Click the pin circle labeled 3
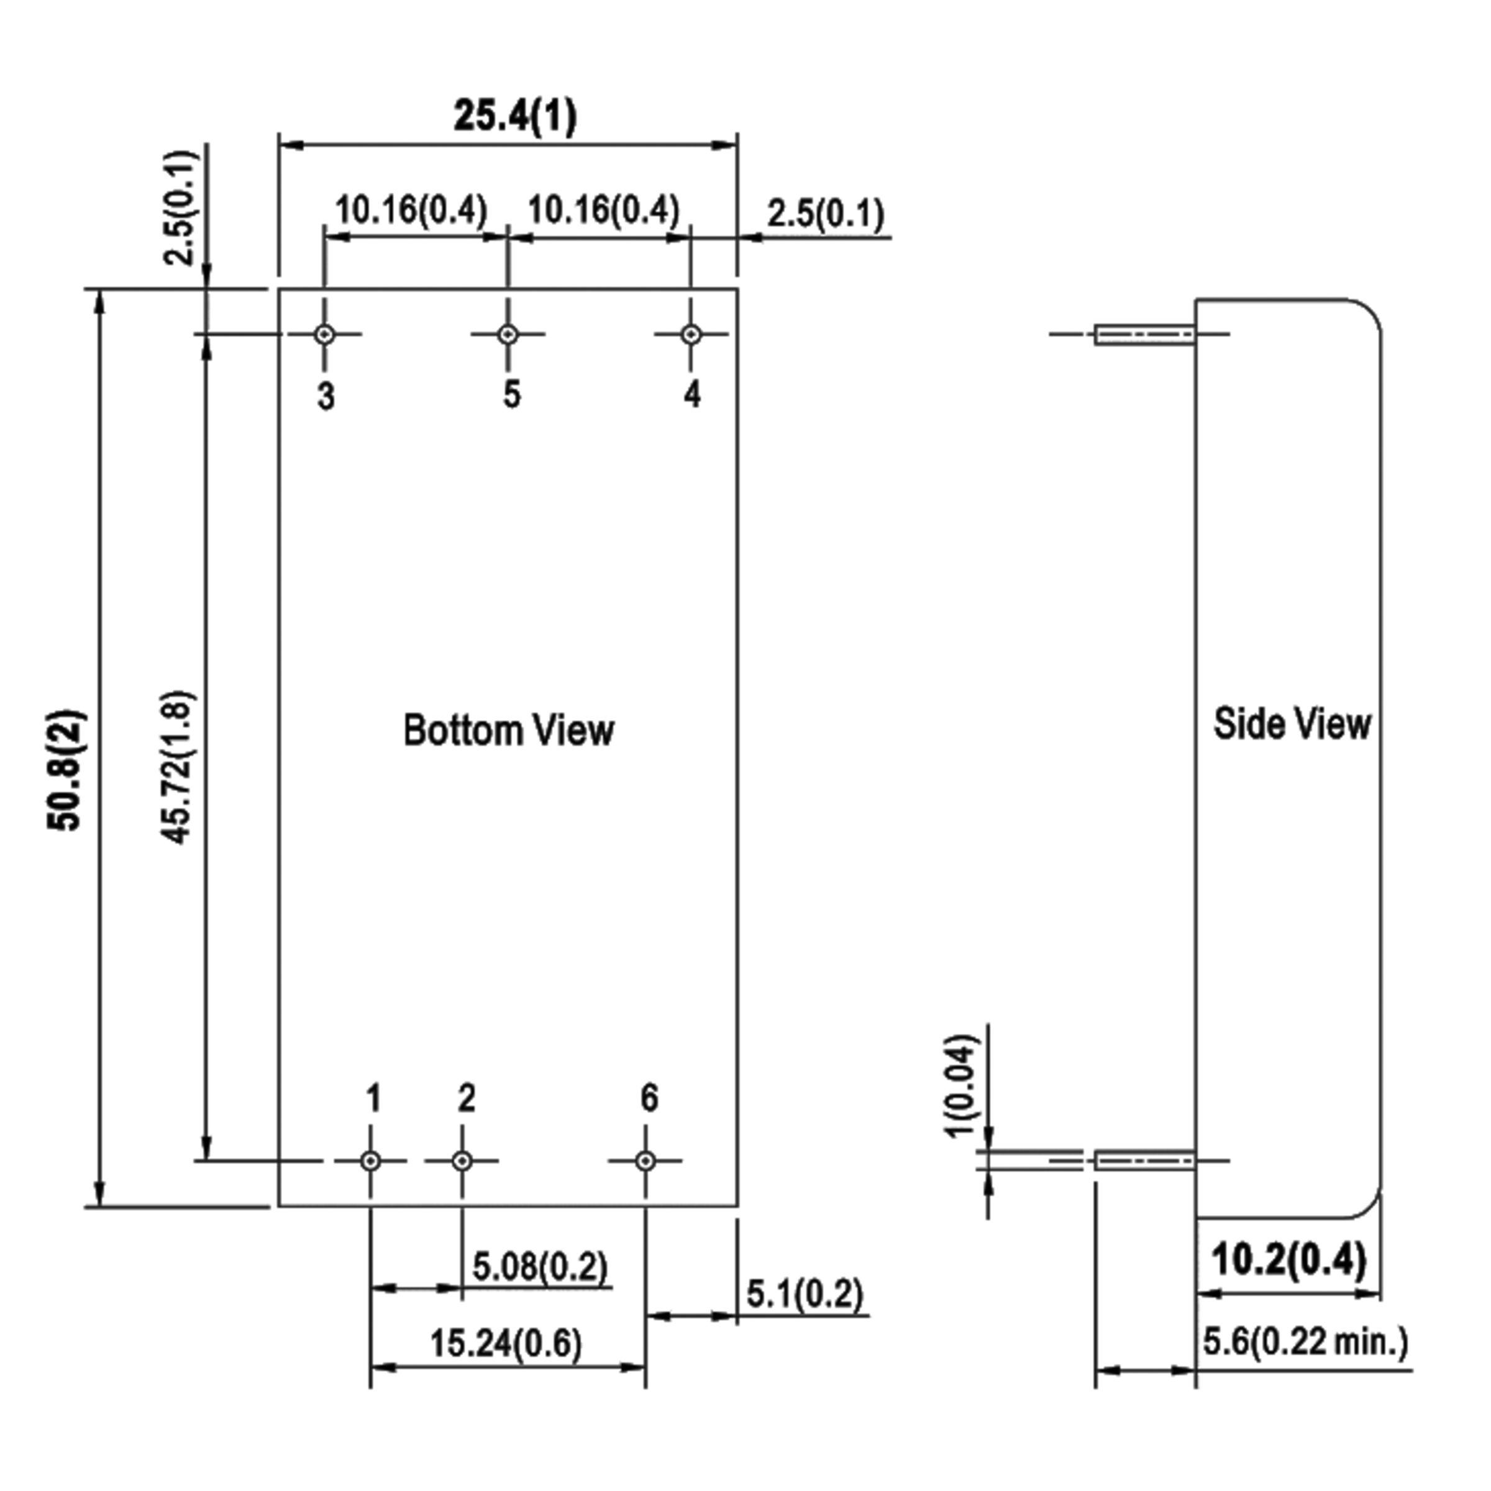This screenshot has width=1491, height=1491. [325, 335]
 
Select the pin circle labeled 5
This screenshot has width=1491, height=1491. [507, 335]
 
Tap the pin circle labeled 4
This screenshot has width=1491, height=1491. [691, 335]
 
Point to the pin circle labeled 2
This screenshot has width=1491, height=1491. [462, 1160]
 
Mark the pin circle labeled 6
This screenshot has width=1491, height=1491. [646, 1160]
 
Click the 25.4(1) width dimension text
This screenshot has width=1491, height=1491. [515, 116]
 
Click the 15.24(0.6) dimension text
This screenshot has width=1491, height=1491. [506, 1344]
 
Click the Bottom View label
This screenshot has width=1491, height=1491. [509, 730]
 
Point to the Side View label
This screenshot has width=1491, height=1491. [1293, 724]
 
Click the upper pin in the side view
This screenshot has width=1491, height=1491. [1145, 335]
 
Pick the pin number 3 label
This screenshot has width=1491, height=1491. [326, 396]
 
